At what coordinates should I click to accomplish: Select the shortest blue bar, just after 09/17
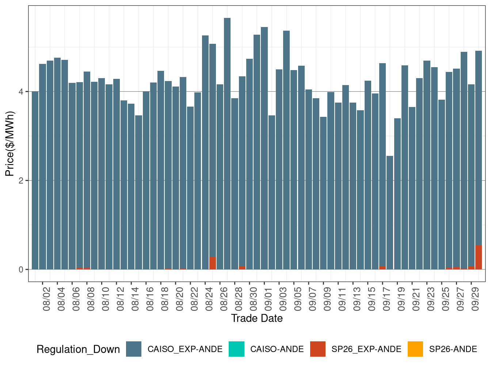tap(390, 212)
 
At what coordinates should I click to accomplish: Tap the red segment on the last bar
tap(479, 257)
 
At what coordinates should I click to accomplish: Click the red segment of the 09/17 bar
tap(382, 268)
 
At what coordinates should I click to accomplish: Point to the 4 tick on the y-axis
tap(21, 92)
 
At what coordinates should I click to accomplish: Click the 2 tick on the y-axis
tap(21, 181)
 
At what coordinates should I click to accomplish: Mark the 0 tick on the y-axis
tap(21, 270)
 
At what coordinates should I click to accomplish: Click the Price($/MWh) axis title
tap(10, 143)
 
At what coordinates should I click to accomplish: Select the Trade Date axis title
tap(257, 318)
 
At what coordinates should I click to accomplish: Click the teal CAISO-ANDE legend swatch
tap(236, 349)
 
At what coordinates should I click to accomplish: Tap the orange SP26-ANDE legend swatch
tap(415, 349)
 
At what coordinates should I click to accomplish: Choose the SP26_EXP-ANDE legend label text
tap(366, 349)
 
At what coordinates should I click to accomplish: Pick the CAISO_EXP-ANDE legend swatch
tap(134, 349)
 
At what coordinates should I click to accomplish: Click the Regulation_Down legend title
tap(78, 349)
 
